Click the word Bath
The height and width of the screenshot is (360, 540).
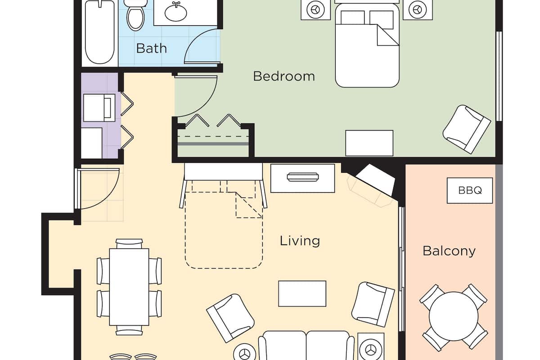pyautogui.click(x=151, y=48)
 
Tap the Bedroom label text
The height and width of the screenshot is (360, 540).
pyautogui.click(x=283, y=76)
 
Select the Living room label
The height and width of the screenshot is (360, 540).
pyautogui.click(x=300, y=241)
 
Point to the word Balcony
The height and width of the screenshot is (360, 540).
pyautogui.click(x=449, y=251)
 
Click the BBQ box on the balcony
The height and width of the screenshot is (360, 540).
pyautogui.click(x=470, y=190)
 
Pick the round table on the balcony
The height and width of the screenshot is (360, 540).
pyautogui.click(x=453, y=316)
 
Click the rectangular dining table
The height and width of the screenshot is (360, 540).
pyautogui.click(x=129, y=287)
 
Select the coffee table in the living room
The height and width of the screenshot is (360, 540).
pyautogui.click(x=302, y=293)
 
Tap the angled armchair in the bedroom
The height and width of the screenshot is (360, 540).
pyautogui.click(x=467, y=129)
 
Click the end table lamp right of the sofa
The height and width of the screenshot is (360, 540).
pyautogui.click(x=371, y=349)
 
